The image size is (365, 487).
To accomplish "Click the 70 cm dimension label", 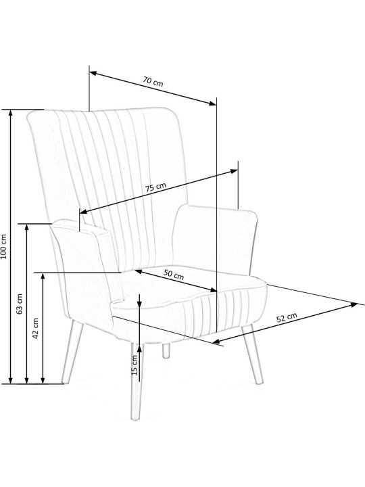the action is [x=153, y=82].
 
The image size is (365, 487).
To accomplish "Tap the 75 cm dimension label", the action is [x=156, y=187].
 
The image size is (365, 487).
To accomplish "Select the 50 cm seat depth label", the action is [x=174, y=274].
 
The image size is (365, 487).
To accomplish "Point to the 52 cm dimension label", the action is [x=287, y=317].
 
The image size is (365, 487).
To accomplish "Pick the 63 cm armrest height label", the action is [x=20, y=304].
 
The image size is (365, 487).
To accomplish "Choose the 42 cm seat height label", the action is [x=35, y=328].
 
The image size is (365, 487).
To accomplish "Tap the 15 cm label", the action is [x=135, y=365].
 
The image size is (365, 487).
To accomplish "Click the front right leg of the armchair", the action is [x=252, y=354].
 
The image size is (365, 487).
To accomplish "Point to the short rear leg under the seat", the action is [x=166, y=351].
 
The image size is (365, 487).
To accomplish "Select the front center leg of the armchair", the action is [x=137, y=381].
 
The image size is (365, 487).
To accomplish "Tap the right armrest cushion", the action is [x=215, y=239].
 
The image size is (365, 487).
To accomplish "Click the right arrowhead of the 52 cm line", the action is [x=354, y=305].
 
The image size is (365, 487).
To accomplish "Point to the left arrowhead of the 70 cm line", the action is [x=94, y=73].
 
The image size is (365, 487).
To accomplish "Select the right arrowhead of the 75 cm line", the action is [x=233, y=171].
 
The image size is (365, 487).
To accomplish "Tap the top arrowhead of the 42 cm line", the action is [x=43, y=277].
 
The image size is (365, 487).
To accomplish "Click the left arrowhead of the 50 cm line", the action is [x=139, y=272].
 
